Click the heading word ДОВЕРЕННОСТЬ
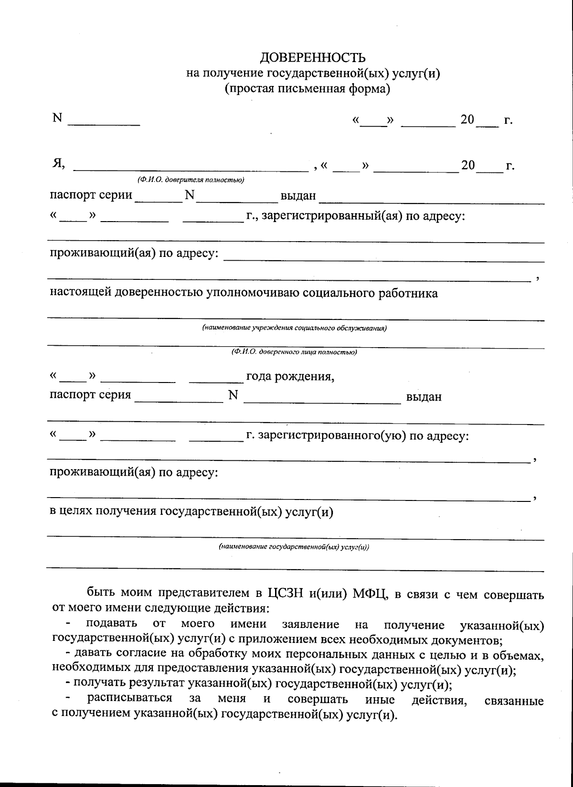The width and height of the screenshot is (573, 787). [x=313, y=58]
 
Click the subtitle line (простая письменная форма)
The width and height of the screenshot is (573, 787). [x=308, y=89]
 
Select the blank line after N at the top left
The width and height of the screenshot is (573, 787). [x=104, y=123]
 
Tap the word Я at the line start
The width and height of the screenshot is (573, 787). [x=58, y=164]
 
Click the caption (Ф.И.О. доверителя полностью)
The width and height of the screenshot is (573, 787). [x=191, y=180]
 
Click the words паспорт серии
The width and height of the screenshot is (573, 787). [x=91, y=195]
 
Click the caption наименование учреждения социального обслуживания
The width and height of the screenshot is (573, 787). [x=294, y=328]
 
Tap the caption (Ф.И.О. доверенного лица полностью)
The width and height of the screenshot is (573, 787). [x=294, y=352]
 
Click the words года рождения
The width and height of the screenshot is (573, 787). [x=290, y=377]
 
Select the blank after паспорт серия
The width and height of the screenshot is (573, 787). [x=179, y=401]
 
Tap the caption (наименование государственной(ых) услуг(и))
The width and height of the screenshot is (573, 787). [x=294, y=547]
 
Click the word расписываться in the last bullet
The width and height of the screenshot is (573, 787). [x=129, y=698]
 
